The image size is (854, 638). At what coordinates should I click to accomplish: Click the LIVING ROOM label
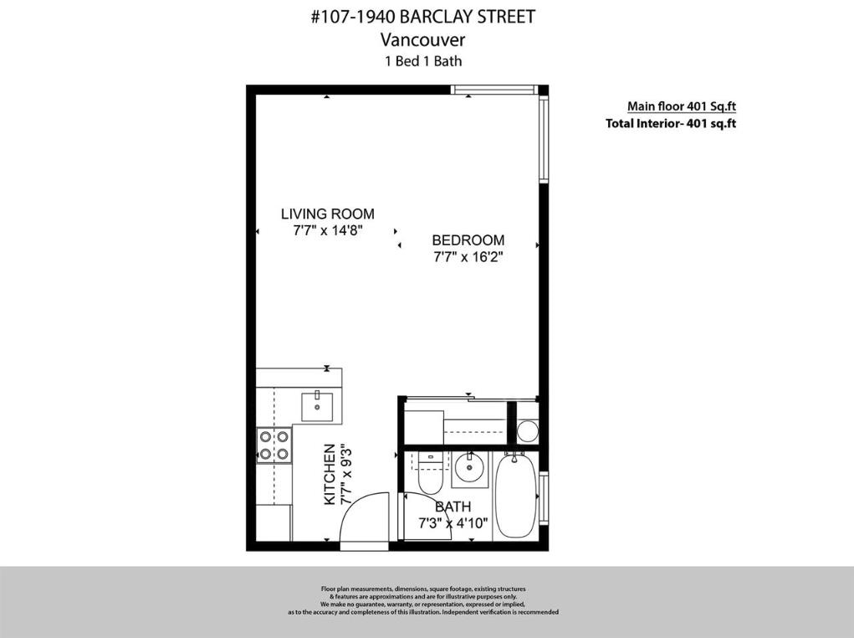tap(327, 214)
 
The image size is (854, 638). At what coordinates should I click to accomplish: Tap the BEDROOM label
tap(468, 240)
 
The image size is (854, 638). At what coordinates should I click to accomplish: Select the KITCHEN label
tap(330, 475)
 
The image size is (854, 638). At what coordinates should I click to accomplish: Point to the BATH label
tap(453, 507)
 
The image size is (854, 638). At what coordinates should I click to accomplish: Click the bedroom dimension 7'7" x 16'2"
tap(468, 258)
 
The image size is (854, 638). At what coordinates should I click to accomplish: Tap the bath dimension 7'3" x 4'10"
tap(453, 524)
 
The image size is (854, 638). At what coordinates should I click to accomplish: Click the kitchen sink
tap(318, 406)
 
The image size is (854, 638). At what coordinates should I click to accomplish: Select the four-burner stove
tap(274, 445)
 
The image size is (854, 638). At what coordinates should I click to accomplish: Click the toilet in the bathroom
tap(430, 475)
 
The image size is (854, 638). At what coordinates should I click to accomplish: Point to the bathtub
tap(514, 497)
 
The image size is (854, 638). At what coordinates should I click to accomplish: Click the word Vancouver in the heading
tap(422, 39)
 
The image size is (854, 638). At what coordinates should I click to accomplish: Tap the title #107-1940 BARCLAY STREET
tap(422, 17)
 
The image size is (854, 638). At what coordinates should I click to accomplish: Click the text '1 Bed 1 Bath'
tap(422, 61)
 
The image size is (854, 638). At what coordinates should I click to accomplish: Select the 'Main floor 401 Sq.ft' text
tap(681, 106)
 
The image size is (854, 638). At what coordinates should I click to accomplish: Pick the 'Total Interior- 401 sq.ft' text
tap(670, 124)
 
